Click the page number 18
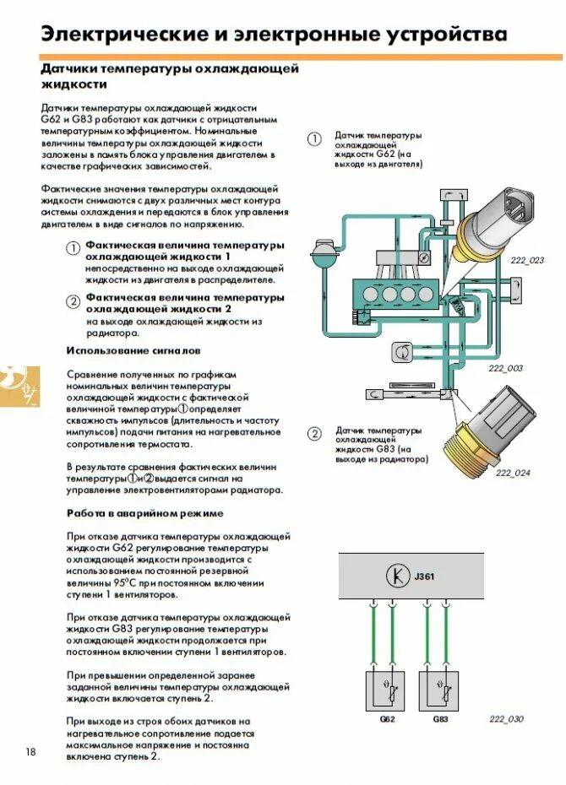point(30,752)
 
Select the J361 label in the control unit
point(424,577)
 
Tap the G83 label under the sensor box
point(440,719)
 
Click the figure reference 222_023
point(527,260)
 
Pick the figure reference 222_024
point(513,473)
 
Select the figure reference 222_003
point(505,368)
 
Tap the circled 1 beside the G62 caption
point(314,140)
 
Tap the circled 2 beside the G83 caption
point(314,434)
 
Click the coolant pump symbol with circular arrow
point(403,349)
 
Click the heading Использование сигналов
point(133,350)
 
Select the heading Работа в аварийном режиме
point(144,513)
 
